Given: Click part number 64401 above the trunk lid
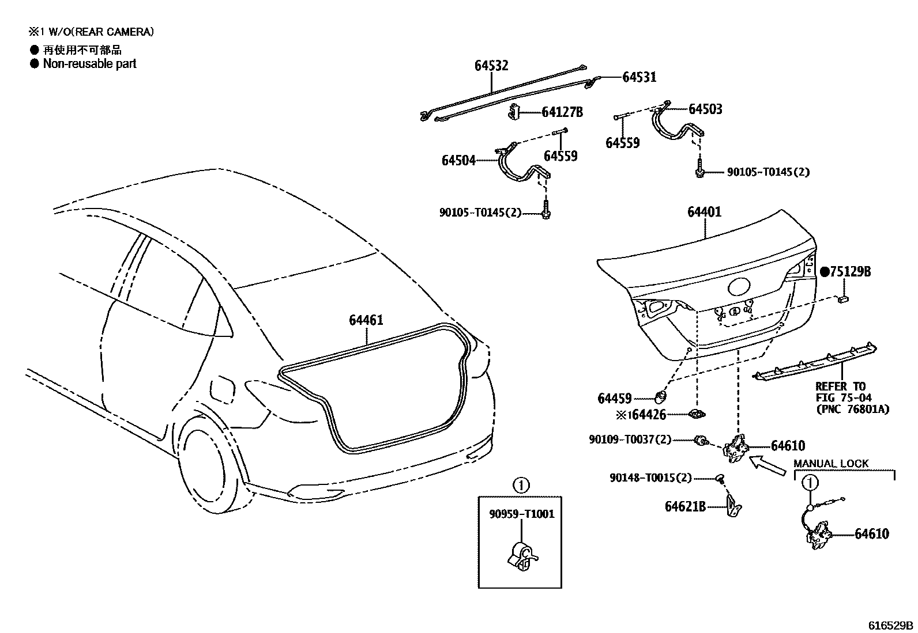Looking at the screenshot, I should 703,212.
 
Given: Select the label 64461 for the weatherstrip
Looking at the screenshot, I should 366,320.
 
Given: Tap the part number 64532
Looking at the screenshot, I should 491,66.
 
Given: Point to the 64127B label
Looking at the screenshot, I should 562,112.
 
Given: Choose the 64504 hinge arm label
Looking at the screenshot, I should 458,161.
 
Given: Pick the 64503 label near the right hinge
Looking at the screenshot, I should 705,109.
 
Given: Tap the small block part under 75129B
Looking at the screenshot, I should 844,299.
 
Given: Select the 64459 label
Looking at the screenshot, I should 615,399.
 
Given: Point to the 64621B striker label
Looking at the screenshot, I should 685,506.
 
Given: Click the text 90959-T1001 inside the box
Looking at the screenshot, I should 521,514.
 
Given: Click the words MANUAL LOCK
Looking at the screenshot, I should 830,464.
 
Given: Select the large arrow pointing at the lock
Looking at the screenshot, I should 767,464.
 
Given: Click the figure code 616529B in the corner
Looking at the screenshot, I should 891,626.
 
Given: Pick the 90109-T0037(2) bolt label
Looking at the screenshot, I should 630,439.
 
